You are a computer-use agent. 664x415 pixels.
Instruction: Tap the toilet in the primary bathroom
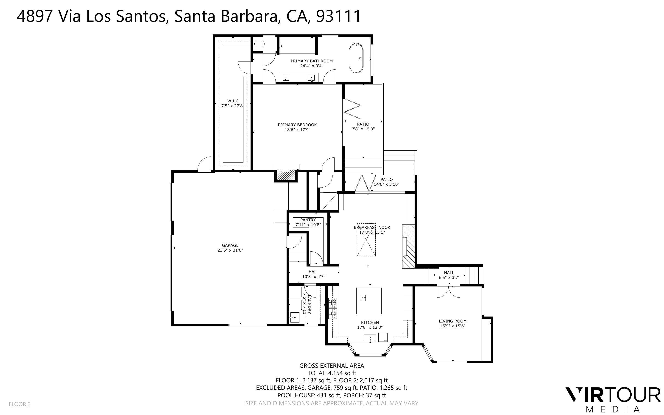coord(258,44)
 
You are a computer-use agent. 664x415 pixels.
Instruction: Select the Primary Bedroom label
coord(298,125)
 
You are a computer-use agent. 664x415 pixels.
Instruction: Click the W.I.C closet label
coord(233,101)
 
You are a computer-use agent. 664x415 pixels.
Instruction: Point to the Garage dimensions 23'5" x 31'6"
coord(230,250)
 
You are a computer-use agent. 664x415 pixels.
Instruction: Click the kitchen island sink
coord(363,298)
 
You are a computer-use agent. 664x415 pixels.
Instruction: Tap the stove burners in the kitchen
coord(332,308)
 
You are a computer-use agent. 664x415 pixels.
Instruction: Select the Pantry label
coord(308,220)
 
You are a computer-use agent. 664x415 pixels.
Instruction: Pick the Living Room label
coord(452,321)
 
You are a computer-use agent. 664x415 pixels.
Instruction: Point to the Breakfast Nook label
coord(372,227)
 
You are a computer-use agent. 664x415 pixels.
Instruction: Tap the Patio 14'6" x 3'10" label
coord(386,182)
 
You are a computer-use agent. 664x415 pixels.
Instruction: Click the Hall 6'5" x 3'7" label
coord(449,275)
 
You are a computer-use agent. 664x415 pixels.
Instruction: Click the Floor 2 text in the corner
coord(20,404)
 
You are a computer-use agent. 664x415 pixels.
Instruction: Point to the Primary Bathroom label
coord(312,61)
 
